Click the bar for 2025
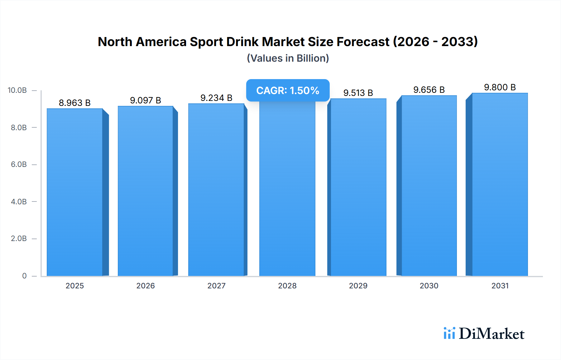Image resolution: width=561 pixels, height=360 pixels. coord(75,192)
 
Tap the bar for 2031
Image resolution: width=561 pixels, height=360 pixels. coord(500,184)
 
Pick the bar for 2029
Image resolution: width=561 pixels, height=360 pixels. coord(358,187)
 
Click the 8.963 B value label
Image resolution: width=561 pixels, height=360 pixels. coord(74,103)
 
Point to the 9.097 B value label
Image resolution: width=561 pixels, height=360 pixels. coord(145,100)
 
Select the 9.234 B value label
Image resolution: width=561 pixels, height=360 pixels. coord(216,98)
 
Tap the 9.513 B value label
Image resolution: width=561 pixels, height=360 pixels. coord(358,93)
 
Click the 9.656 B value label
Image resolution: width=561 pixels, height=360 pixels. coord(429,90)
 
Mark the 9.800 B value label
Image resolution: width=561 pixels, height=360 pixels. coord(500,87)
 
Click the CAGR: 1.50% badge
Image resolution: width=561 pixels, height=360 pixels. coord(288,90)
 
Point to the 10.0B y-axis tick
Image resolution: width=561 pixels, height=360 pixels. coord(17,90)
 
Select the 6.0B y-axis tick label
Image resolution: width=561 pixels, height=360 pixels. coord(19,164)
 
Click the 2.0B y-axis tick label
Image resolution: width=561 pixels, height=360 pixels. coord(19,239)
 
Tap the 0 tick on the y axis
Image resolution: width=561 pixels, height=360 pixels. coord(24,276)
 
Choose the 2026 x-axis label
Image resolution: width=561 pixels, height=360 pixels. coord(145,286)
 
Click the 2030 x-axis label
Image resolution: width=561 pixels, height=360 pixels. coord(429,286)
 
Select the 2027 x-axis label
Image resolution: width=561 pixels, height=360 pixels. coord(216,286)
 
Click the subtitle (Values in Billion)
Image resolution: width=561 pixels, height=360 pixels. coord(288,58)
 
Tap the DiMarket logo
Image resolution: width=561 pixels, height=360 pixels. coord(484,334)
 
